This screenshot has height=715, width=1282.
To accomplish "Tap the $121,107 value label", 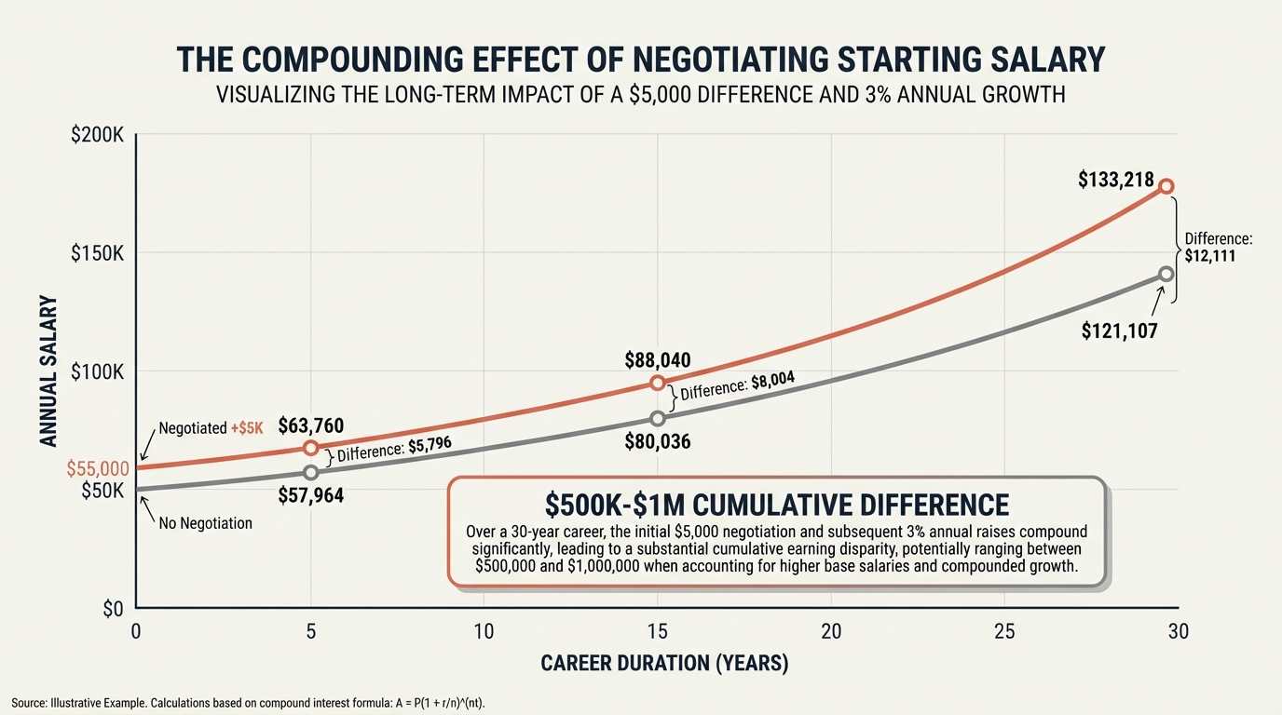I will pyautogui.click(x=1119, y=329).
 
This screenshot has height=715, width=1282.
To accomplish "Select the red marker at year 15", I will pyautogui.click(x=658, y=383).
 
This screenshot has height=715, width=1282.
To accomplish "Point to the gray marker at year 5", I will pyautogui.click(x=311, y=472).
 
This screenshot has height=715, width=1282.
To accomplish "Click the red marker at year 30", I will pyautogui.click(x=1166, y=186).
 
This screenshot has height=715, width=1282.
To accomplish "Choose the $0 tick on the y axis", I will pyautogui.click(x=111, y=609).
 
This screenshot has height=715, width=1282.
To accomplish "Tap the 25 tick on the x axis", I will pyautogui.click(x=1004, y=631).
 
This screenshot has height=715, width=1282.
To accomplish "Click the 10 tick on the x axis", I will pyautogui.click(x=484, y=631).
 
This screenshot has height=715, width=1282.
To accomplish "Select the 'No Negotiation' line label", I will pyautogui.click(x=206, y=523).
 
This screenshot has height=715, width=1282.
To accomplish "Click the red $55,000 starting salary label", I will pyautogui.click(x=97, y=469).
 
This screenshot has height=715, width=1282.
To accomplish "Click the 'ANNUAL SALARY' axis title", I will pyautogui.click(x=48, y=371).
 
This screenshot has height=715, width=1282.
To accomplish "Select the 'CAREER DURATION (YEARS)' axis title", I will pyautogui.click(x=664, y=664).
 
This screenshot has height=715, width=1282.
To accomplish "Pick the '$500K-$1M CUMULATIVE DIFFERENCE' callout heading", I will pyautogui.click(x=777, y=505).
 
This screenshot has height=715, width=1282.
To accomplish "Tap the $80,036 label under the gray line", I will pyautogui.click(x=658, y=441).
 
